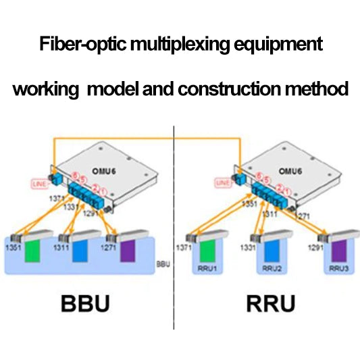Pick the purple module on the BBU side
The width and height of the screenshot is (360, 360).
(x=128, y=251)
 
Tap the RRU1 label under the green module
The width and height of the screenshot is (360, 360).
(x=210, y=268)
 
